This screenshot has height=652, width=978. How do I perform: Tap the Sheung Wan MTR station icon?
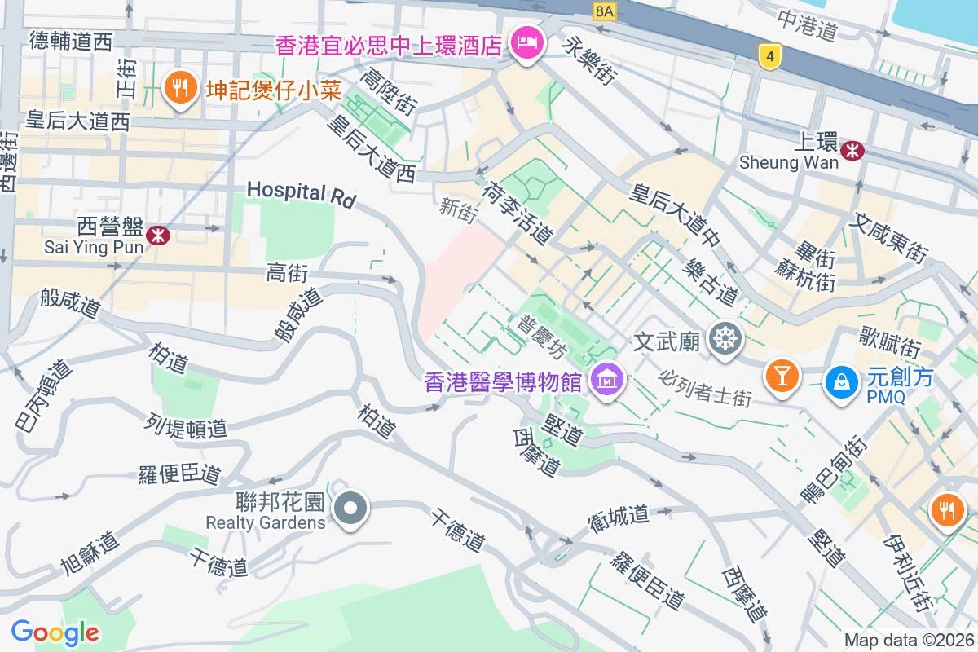852,150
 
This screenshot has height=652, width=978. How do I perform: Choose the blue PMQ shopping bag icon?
840,381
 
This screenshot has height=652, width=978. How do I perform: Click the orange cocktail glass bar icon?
782,376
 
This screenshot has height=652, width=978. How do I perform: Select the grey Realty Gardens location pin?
351,509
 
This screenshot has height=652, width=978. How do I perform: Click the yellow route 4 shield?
769,56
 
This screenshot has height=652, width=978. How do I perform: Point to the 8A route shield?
604,10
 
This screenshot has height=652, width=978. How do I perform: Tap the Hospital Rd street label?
301,193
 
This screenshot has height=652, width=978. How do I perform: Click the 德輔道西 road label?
71,42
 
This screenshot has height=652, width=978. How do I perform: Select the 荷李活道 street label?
517,214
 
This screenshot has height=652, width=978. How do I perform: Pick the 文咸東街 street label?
889,238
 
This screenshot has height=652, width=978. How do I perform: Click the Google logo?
55,632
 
